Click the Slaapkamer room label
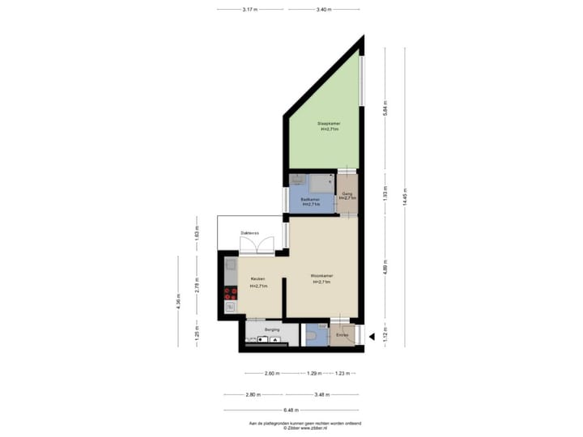pyautogui.click(x=329, y=124)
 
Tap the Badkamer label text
pyautogui.click(x=310, y=199)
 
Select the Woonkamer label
pyautogui.click(x=322, y=276)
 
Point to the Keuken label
pyautogui.click(x=258, y=278)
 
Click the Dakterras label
pyautogui.click(x=249, y=233)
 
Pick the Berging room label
pyautogui.click(x=272, y=330)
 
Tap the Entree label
pyautogui.click(x=343, y=334)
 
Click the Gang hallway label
pyautogui.click(x=347, y=194)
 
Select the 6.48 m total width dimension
pyautogui.click(x=291, y=409)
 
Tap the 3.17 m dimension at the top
pyautogui.click(x=250, y=10)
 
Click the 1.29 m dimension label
pyautogui.click(x=313, y=373)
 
